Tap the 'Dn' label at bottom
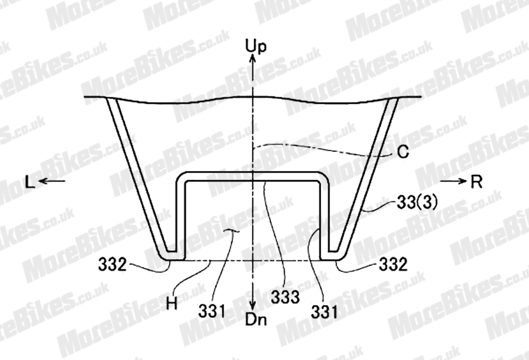click(x=256, y=319)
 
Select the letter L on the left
click(x=30, y=183)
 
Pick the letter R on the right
click(x=477, y=182)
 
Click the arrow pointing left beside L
click(x=52, y=182)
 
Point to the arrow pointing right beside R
click(x=454, y=182)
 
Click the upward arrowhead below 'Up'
click(x=253, y=58)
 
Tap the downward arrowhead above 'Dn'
click(x=253, y=306)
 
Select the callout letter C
click(x=403, y=152)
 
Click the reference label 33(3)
click(x=417, y=203)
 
